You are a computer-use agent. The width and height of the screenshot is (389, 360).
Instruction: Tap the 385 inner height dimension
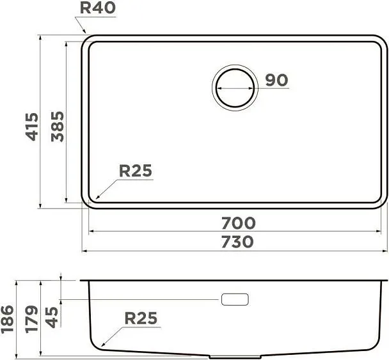click(x=58, y=126)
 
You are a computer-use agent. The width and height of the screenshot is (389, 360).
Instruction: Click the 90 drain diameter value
click(x=276, y=81)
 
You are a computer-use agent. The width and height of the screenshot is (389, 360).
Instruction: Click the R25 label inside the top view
click(x=136, y=171)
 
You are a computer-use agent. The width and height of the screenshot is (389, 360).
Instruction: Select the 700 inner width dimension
click(x=238, y=223)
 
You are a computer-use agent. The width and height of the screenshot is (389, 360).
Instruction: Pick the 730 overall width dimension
click(x=238, y=242)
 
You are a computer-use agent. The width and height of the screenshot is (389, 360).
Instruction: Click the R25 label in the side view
click(x=140, y=318)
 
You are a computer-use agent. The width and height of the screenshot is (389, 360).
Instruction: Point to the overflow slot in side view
click(x=234, y=299)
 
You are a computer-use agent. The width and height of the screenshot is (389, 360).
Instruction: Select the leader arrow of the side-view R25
click(x=106, y=338)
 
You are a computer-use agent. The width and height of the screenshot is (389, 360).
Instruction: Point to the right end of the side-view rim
click(x=386, y=280)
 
